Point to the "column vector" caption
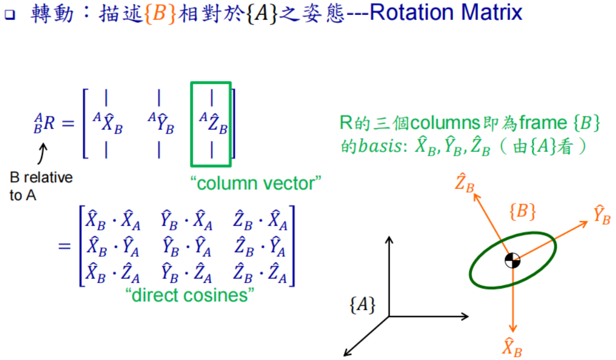[256, 184]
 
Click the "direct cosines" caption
[189, 295]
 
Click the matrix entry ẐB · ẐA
[261, 276]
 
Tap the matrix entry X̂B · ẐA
[112, 276]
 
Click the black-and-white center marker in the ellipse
[513, 261]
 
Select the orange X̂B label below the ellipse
[512, 347]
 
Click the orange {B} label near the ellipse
[522, 212]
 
